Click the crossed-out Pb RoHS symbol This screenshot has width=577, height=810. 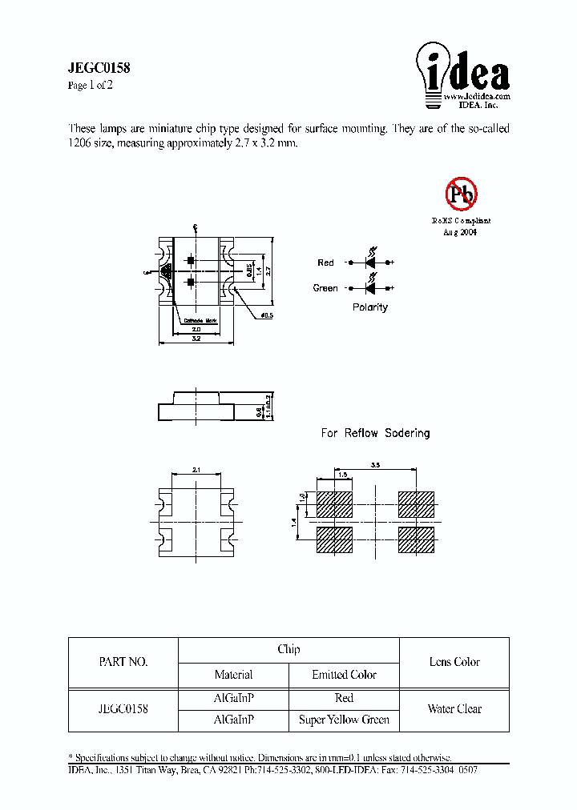pyautogui.click(x=461, y=193)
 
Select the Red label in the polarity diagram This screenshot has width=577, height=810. pyautogui.click(x=325, y=263)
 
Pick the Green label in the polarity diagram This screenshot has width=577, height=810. pyautogui.click(x=325, y=288)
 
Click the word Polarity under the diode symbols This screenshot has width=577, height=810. pyautogui.click(x=370, y=307)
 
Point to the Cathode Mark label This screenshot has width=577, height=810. pyautogui.click(x=200, y=320)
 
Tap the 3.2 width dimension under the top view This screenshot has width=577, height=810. pyautogui.click(x=196, y=339)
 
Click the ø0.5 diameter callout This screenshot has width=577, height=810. pyautogui.click(x=267, y=315)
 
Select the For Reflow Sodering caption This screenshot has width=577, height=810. pyautogui.click(x=375, y=433)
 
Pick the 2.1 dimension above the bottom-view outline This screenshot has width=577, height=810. pyautogui.click(x=196, y=469)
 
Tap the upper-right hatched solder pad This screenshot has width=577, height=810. pyautogui.click(x=416, y=504)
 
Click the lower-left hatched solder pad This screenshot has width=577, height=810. pyautogui.click(x=335, y=540)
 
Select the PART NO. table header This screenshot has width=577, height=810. pyautogui.click(x=123, y=662)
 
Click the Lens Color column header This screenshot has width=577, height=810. pyautogui.click(x=454, y=662)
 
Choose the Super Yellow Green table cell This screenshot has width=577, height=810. pyautogui.click(x=344, y=720)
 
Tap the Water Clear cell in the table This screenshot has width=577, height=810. pyautogui.click(x=454, y=708)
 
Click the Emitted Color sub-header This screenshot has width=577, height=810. pyautogui.click(x=344, y=675)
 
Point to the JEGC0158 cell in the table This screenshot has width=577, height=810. pyautogui.click(x=123, y=708)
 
